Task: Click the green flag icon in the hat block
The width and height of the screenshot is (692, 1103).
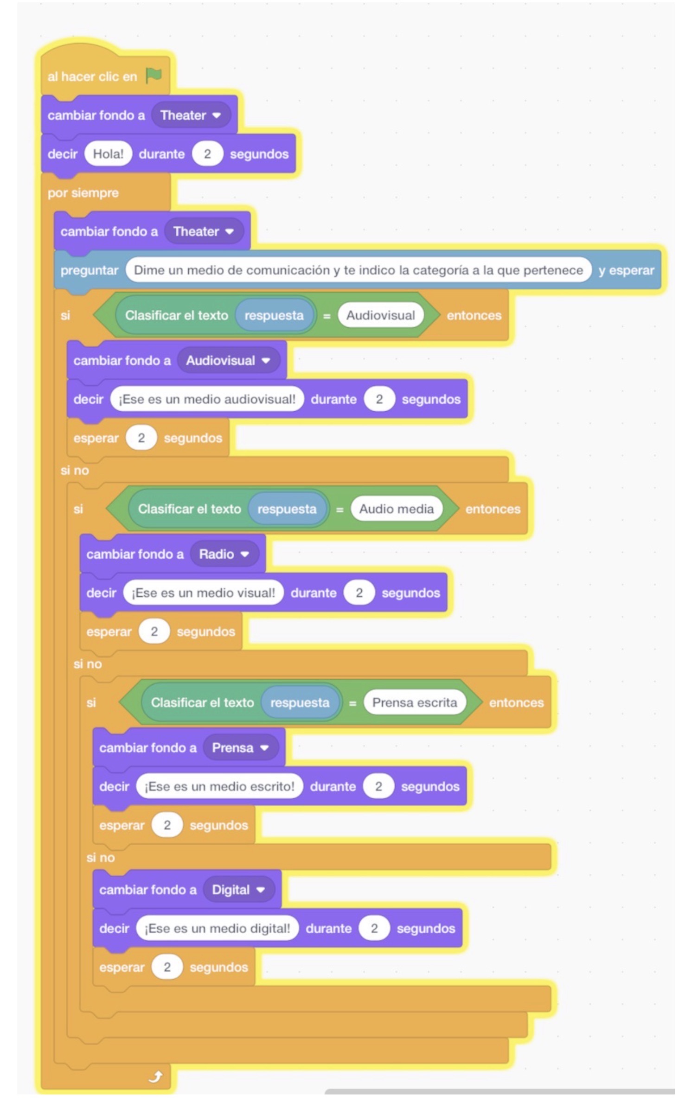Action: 154,75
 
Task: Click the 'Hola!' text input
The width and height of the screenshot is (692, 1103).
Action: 108,154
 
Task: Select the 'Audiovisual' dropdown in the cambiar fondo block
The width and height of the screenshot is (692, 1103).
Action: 228,360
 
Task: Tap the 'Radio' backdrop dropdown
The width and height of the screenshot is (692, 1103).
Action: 224,554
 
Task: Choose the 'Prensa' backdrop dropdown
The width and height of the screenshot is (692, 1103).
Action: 240,748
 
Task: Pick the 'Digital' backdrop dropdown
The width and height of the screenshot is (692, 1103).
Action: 238,890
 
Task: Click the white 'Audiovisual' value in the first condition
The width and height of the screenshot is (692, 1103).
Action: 380,315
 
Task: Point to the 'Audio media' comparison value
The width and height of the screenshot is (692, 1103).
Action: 396,509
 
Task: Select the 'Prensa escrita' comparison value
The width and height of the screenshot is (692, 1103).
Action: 414,702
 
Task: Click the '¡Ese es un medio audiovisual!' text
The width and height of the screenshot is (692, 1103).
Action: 207,399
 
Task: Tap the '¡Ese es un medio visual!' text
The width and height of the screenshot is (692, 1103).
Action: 203,593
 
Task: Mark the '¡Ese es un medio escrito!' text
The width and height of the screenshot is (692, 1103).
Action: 219,786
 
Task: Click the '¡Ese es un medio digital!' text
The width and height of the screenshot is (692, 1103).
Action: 217,929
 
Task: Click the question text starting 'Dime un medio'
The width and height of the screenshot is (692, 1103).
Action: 358,270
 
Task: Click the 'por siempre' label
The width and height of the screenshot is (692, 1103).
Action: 83,193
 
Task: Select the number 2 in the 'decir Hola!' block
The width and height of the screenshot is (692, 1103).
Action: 207,154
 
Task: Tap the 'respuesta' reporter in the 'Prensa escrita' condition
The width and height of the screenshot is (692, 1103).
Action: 300,702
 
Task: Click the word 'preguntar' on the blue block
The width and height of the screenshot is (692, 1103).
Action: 89,270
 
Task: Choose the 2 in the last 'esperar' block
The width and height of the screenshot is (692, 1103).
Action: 167,967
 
